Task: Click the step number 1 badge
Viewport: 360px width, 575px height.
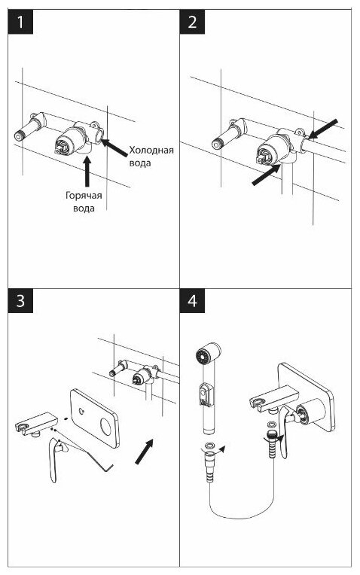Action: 20,22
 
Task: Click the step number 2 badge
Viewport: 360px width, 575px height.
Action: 192,22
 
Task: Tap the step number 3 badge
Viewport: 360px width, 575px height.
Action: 20,301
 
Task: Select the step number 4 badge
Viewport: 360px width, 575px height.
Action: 192,301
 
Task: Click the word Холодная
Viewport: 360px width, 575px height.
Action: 151,151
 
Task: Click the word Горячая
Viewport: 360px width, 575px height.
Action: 84,196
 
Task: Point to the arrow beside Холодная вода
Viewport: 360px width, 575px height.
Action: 114,148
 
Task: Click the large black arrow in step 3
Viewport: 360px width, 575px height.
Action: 144,452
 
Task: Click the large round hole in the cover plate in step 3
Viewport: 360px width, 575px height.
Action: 106,427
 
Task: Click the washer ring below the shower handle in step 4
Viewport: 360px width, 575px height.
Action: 210,446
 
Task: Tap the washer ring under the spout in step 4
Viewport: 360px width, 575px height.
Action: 273,424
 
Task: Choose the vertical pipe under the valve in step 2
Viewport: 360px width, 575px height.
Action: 287,179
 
